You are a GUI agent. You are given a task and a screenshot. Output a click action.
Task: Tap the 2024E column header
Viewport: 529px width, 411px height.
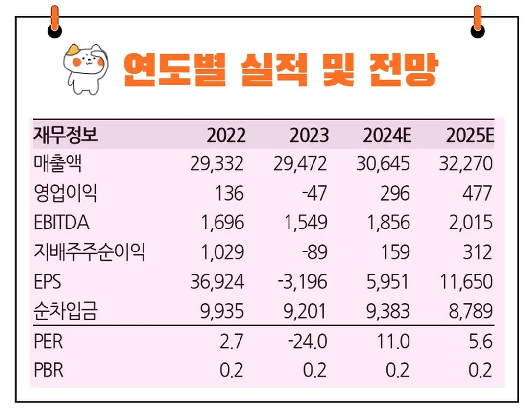[386, 135]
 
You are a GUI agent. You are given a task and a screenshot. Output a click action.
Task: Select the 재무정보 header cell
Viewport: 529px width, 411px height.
[66, 135]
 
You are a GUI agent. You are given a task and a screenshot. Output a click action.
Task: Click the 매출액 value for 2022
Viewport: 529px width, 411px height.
[217, 164]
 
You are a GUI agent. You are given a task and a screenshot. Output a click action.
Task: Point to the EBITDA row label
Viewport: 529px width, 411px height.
[62, 223]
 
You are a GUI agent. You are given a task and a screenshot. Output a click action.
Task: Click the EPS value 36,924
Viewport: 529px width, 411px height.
[217, 282]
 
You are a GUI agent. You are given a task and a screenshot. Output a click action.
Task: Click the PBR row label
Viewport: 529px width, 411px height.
[49, 370]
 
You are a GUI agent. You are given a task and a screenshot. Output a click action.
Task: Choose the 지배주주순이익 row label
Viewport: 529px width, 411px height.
[89, 252]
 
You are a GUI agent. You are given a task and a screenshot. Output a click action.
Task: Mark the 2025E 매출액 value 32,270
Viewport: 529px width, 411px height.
[465, 164]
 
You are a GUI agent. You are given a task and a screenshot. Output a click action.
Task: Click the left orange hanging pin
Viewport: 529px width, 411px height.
[55, 22]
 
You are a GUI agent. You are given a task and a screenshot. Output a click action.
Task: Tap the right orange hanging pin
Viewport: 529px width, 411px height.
[477, 22]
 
